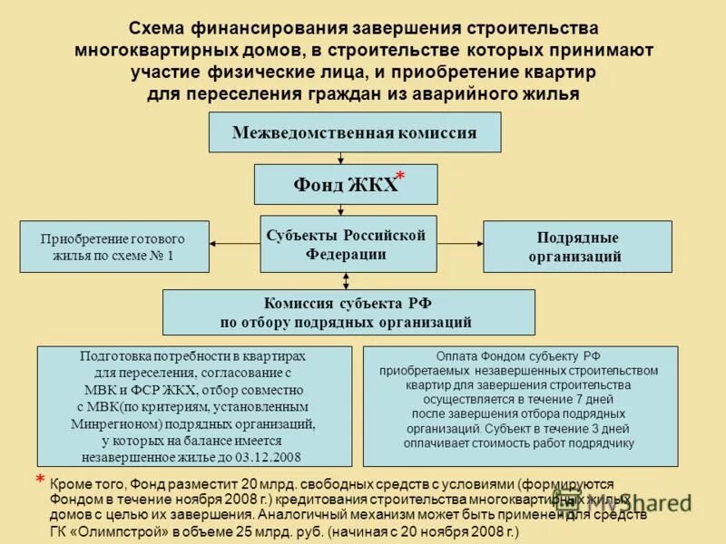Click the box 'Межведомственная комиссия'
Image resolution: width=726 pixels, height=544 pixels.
click(x=354, y=132)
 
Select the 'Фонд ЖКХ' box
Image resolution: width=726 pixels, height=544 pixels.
click(x=345, y=184)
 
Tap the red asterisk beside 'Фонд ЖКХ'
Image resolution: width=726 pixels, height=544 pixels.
click(x=400, y=177)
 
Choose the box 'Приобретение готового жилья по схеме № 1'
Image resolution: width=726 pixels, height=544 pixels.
click(x=113, y=247)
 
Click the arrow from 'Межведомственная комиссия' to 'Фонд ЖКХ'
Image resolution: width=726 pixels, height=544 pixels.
click(x=340, y=158)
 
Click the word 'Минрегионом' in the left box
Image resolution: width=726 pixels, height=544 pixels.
click(x=111, y=423)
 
